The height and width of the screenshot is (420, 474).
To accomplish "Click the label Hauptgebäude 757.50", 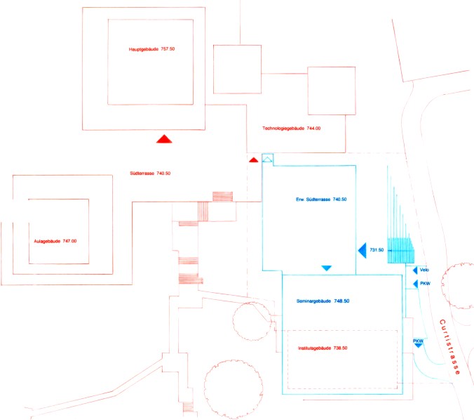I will pos(151,49).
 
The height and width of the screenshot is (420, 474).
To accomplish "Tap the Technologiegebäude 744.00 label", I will pos(292,129).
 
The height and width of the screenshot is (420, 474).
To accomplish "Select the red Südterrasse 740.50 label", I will pos(150,173).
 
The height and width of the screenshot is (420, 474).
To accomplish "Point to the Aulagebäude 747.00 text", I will pos(55,241).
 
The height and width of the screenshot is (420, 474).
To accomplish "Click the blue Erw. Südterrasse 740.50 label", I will pos(321,199).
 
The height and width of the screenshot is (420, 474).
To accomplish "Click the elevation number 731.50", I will pos(377,250).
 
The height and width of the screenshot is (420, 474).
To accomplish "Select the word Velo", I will pos(425,270).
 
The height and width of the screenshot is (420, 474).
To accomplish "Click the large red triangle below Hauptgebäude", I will pos(164,138).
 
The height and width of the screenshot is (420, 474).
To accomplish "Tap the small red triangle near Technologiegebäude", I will pos(254,161).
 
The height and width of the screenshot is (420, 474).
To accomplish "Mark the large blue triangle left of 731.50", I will pos(361,250).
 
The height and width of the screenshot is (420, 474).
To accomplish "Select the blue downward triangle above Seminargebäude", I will pos(326,268).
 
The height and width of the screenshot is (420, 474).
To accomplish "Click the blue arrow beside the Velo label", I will pos(415,270).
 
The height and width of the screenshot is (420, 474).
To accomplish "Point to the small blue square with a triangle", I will pos(267,159).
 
